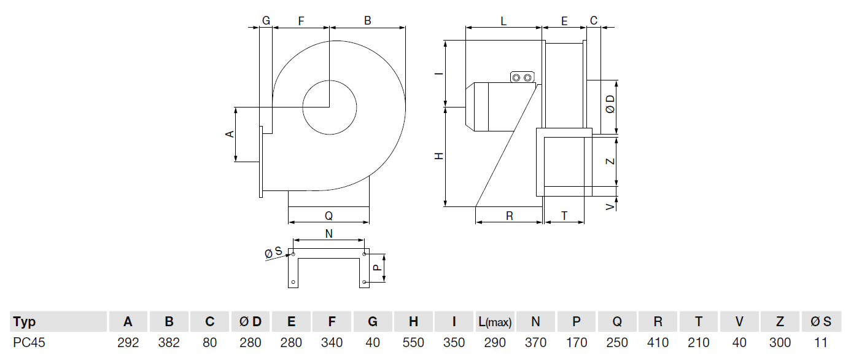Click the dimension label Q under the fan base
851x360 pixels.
click(328, 216)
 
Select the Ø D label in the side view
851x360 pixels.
click(610, 105)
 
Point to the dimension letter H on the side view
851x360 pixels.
click(439, 157)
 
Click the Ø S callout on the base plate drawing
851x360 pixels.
click(273, 252)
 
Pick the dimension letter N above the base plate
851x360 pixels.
click(328, 233)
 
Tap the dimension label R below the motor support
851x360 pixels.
click(510, 216)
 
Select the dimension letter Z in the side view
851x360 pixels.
click(610, 161)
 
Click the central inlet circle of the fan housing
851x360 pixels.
click(330, 108)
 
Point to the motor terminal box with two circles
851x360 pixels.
click(523, 77)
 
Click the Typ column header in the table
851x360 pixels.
click(25, 321)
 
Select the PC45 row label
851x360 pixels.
click(28, 343)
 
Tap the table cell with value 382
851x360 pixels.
click(169, 343)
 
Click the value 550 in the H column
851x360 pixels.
click(414, 343)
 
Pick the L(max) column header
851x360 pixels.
click(494, 321)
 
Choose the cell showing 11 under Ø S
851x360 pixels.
click(820, 343)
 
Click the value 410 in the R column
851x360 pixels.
click(658, 343)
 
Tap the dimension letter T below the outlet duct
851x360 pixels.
click(564, 216)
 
